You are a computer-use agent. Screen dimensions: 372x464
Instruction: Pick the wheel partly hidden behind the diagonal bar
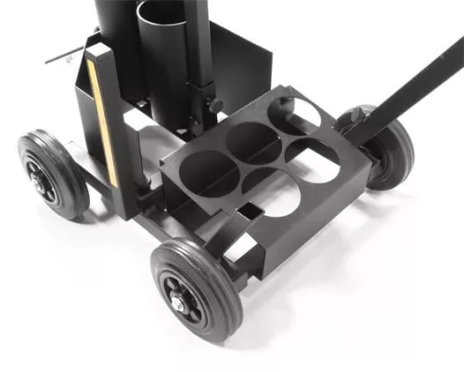pyautogui.click(x=390, y=149)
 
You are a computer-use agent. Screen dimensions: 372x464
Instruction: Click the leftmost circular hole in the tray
pyautogui.click(x=206, y=171)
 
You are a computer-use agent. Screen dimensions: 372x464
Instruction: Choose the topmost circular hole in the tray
pyautogui.click(x=295, y=112)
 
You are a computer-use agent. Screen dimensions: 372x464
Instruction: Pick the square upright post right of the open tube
pyautogui.click(x=197, y=56)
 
